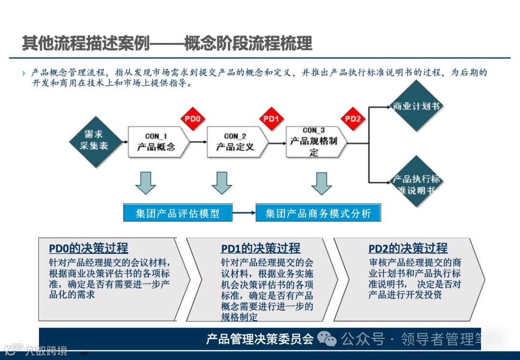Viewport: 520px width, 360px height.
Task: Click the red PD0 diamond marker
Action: (x=192, y=119)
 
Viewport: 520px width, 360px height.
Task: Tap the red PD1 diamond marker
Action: (x=272, y=119)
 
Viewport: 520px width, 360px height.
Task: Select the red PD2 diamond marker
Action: (x=353, y=119)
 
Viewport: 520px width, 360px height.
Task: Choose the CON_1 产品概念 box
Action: (x=156, y=142)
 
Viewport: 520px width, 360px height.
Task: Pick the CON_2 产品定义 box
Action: (x=235, y=142)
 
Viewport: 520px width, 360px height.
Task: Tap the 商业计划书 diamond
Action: (x=416, y=106)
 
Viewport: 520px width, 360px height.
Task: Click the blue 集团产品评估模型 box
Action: (x=177, y=213)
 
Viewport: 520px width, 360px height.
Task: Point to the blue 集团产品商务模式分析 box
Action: (x=318, y=213)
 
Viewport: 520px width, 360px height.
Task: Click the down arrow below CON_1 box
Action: (x=145, y=182)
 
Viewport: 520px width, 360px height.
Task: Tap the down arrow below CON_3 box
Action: (x=322, y=182)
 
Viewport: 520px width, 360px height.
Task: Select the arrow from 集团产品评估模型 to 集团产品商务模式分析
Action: (x=244, y=213)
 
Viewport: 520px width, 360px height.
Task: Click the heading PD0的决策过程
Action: (x=89, y=248)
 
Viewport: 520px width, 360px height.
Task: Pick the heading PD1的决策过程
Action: (x=260, y=249)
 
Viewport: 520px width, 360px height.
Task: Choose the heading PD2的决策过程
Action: (x=408, y=249)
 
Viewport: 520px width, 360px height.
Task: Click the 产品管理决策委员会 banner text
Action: (x=260, y=339)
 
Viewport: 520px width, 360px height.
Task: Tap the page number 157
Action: (x=84, y=354)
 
